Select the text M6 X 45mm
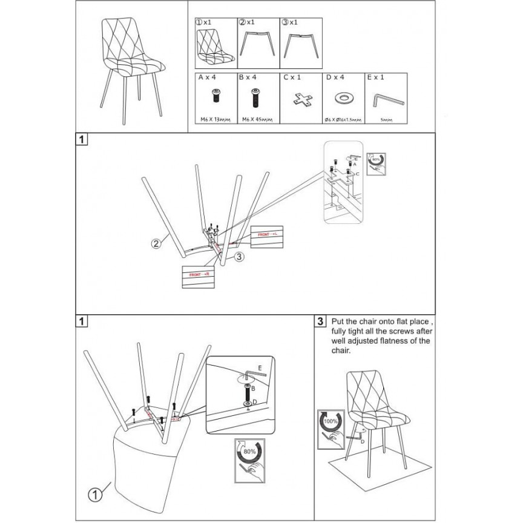(257, 120)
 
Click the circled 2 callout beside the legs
(156, 245)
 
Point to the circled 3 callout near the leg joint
(239, 257)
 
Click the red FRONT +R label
(199, 274)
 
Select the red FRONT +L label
(267, 233)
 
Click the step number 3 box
(320, 321)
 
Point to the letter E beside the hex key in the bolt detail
(260, 367)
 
